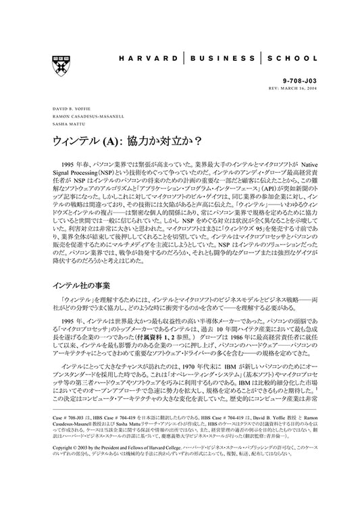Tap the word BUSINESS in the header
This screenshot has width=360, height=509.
coord(228,59)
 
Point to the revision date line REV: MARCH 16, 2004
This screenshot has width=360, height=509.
coord(288,86)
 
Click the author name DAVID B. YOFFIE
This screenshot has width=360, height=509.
coord(70,108)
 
